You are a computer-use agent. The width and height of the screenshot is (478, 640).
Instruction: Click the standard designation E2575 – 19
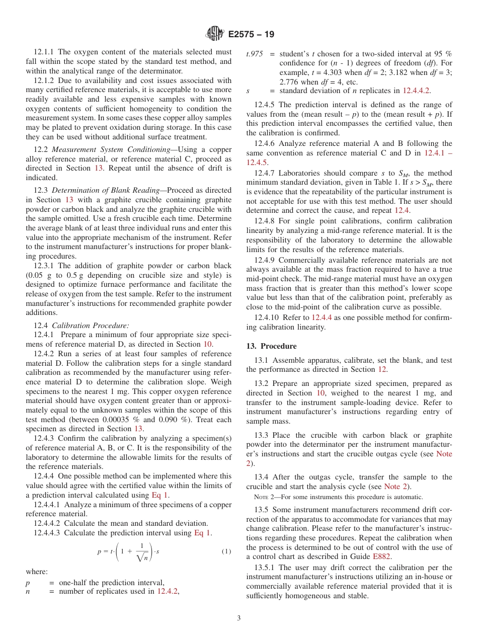251,35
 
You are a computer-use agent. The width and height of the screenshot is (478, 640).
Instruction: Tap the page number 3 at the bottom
239,618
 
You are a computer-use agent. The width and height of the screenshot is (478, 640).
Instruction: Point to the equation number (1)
226,551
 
